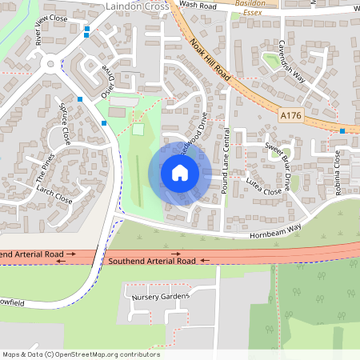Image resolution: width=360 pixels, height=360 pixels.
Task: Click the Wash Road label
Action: [x=198, y=5]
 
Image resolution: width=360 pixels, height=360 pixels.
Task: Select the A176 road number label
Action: [x=291, y=117]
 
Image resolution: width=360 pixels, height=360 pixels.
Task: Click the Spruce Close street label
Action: [x=65, y=123]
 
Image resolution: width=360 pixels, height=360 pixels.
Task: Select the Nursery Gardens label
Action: [x=159, y=297]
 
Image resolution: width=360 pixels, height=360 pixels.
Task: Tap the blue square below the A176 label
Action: [x=342, y=130]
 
